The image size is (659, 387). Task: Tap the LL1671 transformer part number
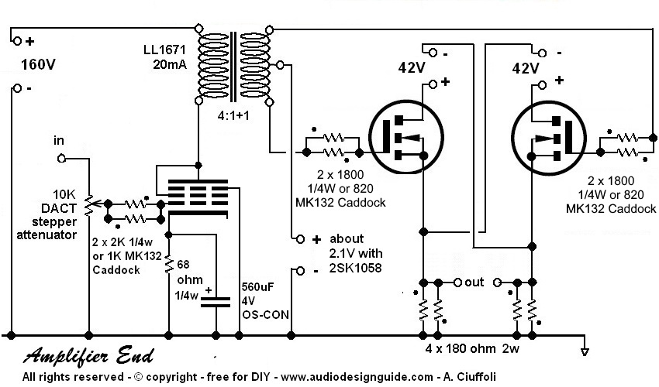(x=164, y=50)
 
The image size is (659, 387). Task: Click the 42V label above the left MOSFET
(x=409, y=68)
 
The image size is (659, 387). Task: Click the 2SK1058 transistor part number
(x=349, y=269)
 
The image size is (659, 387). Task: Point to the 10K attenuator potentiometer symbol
(x=88, y=203)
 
